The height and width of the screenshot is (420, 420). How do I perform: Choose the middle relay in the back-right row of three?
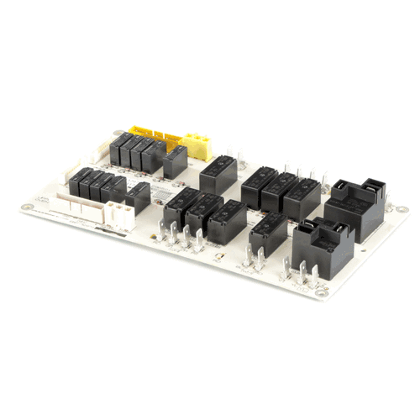tap(278, 192)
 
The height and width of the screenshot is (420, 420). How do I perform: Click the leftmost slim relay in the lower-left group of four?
tap(82, 182)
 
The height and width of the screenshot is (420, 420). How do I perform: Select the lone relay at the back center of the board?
tap(218, 173)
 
